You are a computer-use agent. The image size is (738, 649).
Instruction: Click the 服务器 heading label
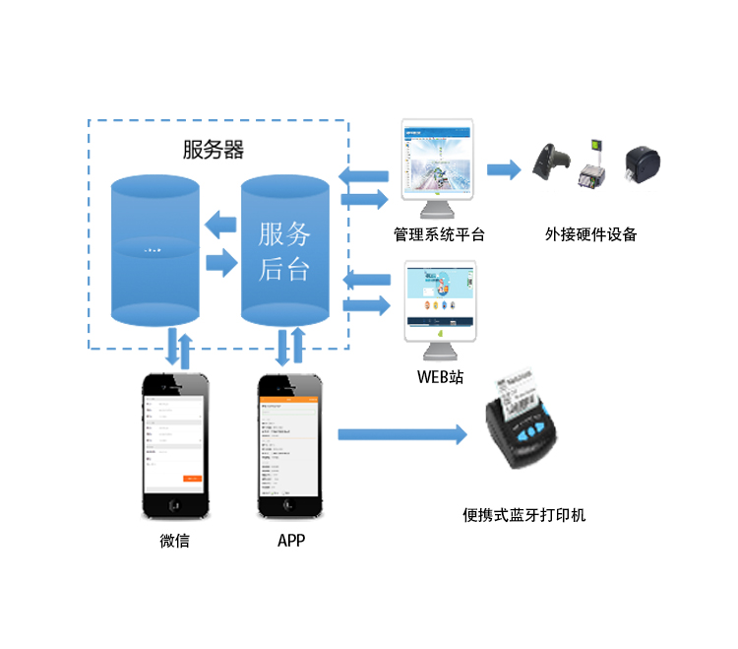pos(214,150)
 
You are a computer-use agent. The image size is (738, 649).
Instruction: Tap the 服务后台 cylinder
pos(285,251)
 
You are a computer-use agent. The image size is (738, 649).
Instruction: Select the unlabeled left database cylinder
pos(154,251)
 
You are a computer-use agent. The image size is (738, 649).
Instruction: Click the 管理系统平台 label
pos(439,234)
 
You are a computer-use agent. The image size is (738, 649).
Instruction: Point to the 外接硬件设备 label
pos(591,234)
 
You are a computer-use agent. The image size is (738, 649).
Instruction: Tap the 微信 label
pos(174,541)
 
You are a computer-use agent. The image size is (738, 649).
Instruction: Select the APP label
pos(291,541)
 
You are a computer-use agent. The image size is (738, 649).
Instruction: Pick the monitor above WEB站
pos(440,300)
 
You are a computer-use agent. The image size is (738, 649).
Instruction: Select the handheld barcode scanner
pos(548,162)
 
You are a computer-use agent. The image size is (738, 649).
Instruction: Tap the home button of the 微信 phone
pos(174,504)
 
